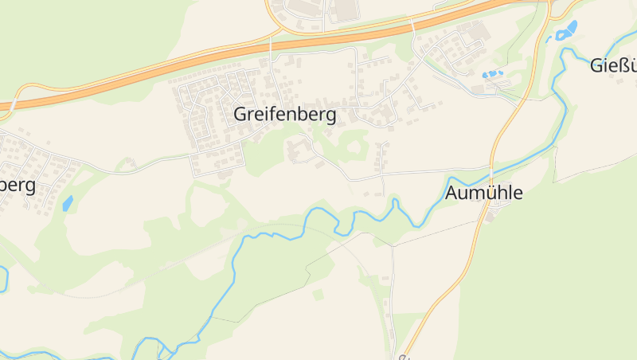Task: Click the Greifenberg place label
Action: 284,114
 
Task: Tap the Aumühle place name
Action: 484,193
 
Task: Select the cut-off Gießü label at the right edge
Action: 614,65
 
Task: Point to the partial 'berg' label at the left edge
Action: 18,185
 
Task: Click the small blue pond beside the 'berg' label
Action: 68,203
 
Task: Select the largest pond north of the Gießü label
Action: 568,31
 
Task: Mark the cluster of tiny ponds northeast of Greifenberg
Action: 492,74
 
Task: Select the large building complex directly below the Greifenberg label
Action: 299,150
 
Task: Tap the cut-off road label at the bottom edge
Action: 404,357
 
